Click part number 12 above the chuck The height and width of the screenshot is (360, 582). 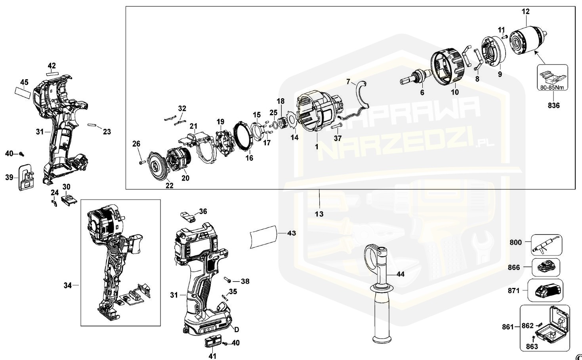[x=525, y=12]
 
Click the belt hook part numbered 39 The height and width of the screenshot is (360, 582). [x=26, y=177]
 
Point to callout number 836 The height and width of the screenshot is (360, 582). [x=553, y=105]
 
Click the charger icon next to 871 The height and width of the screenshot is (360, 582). [x=546, y=291]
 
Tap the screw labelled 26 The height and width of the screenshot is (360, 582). [x=141, y=162]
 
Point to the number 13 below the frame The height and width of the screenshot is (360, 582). [x=319, y=214]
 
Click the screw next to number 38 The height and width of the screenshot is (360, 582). [x=228, y=281]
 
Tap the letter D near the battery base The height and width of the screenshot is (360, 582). [x=237, y=330]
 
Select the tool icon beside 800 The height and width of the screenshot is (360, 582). [x=545, y=245]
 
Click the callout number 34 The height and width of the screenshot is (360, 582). [x=68, y=285]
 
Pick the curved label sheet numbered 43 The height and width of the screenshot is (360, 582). [x=262, y=236]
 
